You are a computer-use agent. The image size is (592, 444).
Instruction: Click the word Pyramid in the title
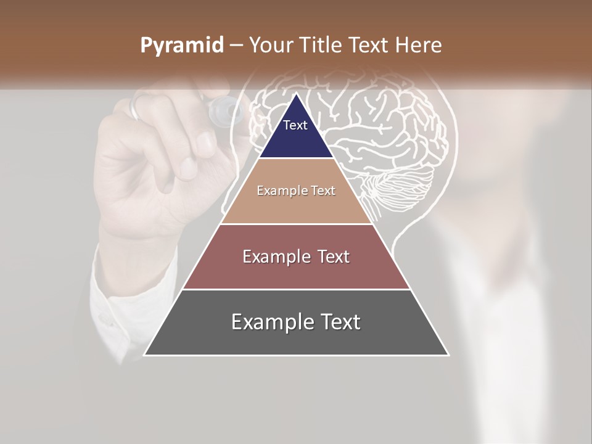tap(181, 46)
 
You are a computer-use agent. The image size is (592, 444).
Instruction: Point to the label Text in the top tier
tap(295, 125)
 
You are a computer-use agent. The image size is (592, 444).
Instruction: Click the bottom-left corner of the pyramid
tap(144, 355)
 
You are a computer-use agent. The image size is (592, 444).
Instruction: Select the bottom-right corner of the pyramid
tap(448, 355)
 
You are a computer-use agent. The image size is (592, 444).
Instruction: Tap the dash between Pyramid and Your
tap(236, 46)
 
